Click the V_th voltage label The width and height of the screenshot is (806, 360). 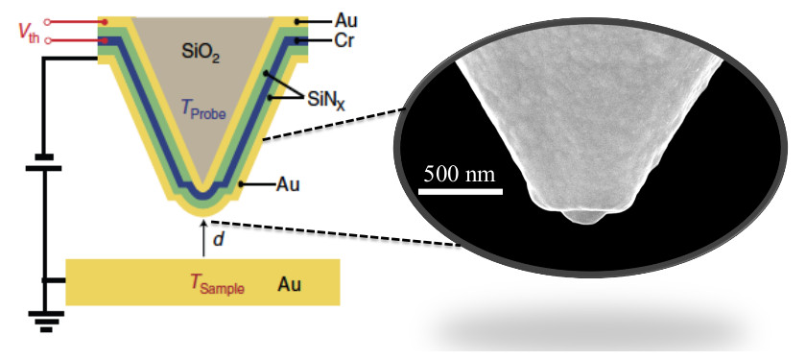[29, 31]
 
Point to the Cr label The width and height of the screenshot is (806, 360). [344, 42]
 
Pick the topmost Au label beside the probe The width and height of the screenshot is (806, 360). [344, 19]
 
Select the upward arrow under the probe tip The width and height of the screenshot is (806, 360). [202, 235]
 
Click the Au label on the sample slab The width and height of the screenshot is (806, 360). [290, 284]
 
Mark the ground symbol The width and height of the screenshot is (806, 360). [43, 322]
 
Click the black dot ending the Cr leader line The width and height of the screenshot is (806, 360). [301, 42]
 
